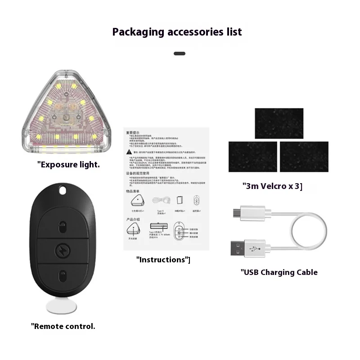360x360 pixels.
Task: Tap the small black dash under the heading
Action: click(x=180, y=54)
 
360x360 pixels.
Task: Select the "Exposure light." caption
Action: click(x=68, y=165)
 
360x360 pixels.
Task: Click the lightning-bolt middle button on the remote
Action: click(x=63, y=250)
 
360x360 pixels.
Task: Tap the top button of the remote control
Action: click(x=63, y=225)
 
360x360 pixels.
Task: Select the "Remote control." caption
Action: click(x=63, y=326)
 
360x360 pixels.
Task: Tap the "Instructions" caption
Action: click(x=163, y=260)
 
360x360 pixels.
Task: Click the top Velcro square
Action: click(x=279, y=123)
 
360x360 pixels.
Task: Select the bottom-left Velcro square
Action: click(x=252, y=157)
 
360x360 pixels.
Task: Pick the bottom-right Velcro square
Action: click(x=304, y=157)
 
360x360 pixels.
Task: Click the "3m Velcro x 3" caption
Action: click(x=272, y=186)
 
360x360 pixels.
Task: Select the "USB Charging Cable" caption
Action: click(x=279, y=272)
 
